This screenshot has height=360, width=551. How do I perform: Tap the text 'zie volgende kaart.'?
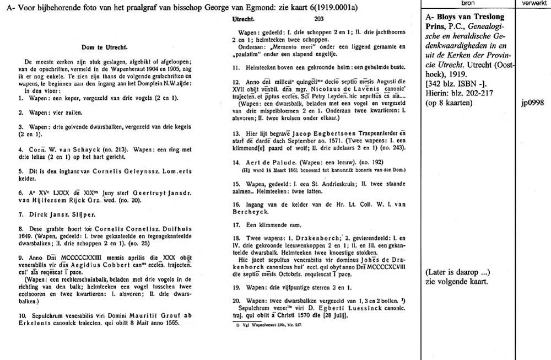(x=457, y=282)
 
